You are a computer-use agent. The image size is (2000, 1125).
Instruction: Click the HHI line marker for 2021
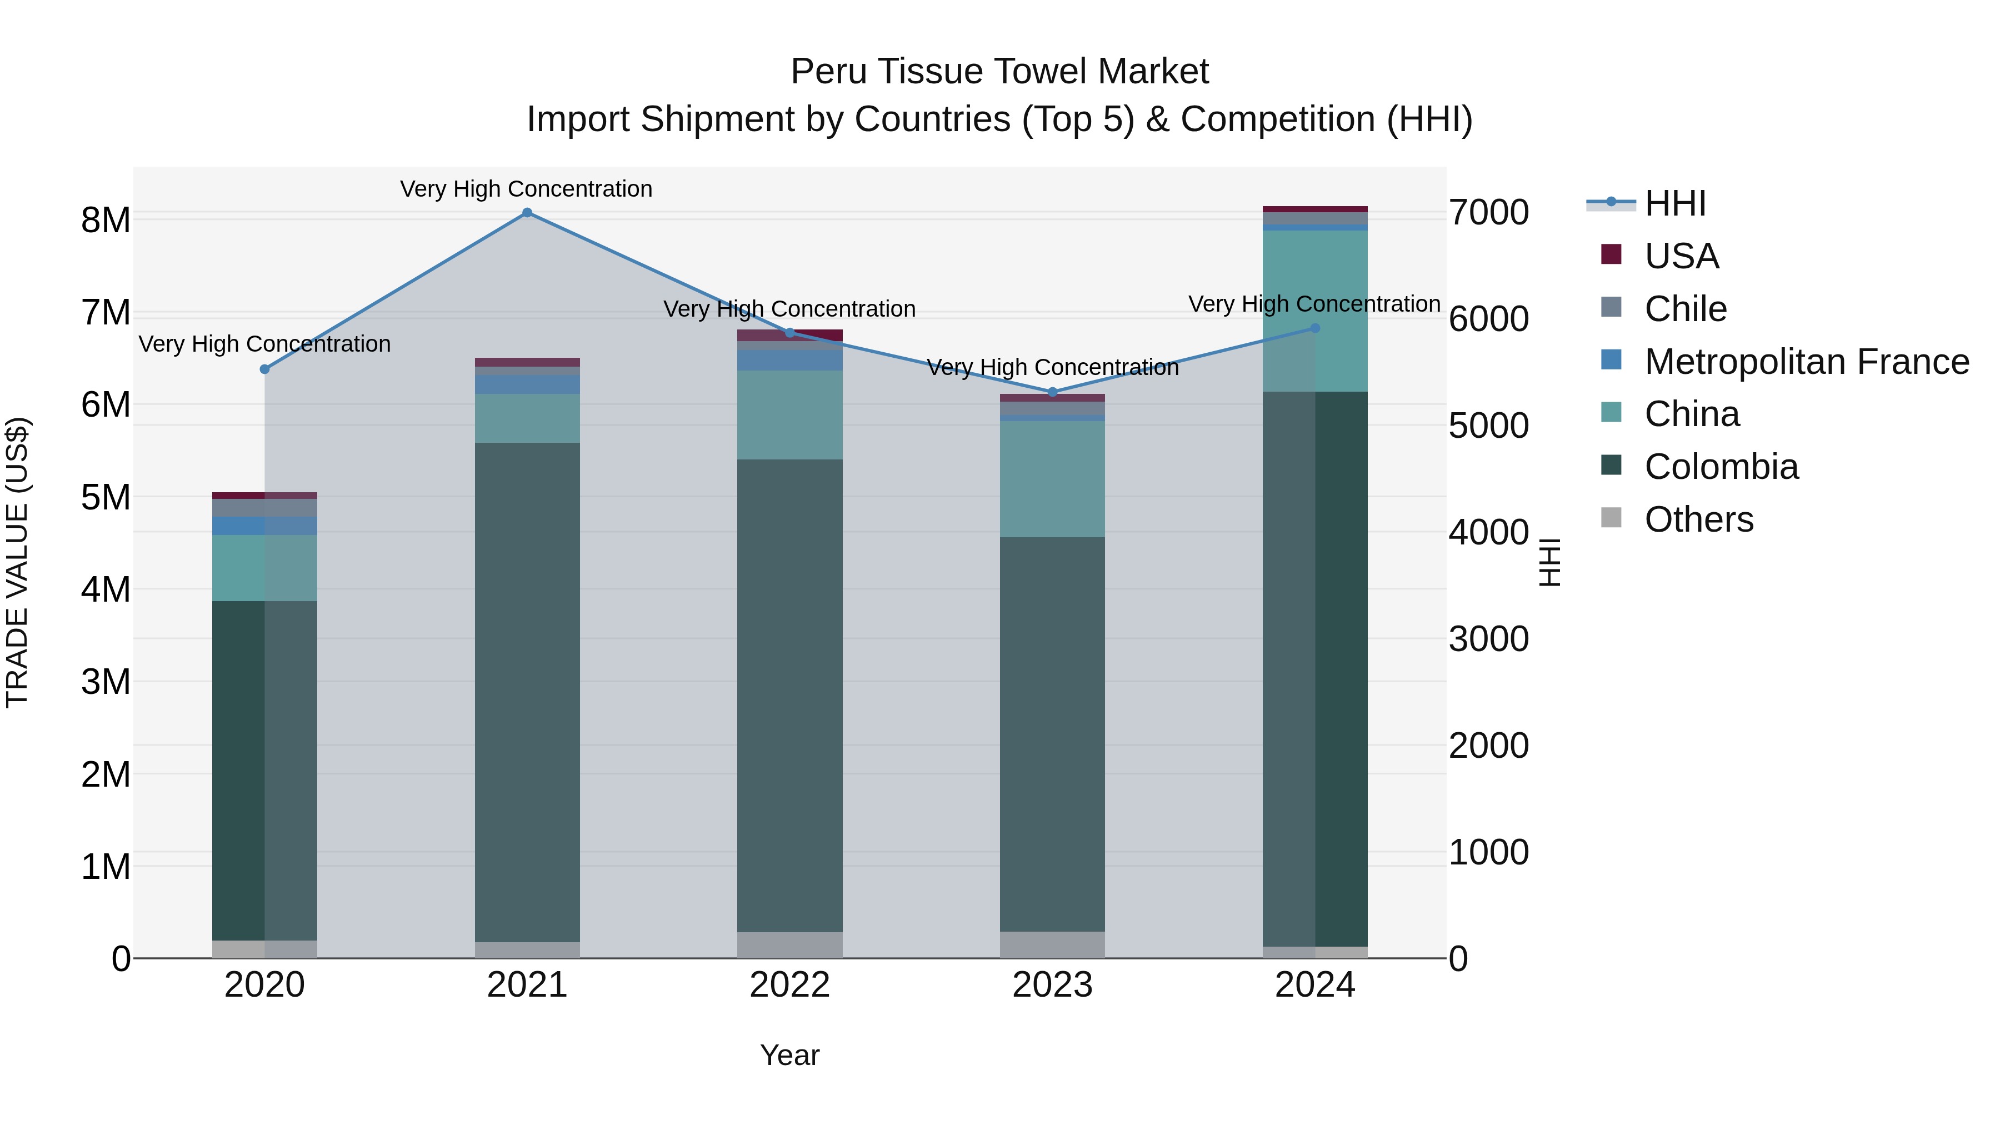pyautogui.click(x=527, y=213)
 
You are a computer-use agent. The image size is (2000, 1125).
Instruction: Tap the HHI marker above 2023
pyautogui.click(x=1053, y=392)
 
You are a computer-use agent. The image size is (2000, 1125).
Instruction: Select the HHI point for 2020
pyautogui.click(x=265, y=369)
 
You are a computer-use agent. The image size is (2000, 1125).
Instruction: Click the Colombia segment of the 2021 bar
pyautogui.click(x=527, y=691)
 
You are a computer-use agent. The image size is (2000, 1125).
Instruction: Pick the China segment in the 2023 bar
pyautogui.click(x=1053, y=478)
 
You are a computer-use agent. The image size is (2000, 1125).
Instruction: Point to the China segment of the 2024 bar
pyautogui.click(x=1315, y=311)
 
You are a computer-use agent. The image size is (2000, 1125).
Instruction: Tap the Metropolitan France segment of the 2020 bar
pyautogui.click(x=265, y=526)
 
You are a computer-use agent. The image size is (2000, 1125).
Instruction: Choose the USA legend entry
pyautogui.click(x=1682, y=256)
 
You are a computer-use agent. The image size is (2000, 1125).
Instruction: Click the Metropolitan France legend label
pyautogui.click(x=1807, y=362)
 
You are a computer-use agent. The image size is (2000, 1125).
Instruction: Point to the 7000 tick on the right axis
pyautogui.click(x=1488, y=213)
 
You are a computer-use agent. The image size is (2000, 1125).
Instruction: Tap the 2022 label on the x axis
pyautogui.click(x=789, y=985)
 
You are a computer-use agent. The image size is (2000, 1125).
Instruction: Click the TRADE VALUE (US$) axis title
pyautogui.click(x=17, y=562)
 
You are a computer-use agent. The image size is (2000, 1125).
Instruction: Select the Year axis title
pyautogui.click(x=789, y=1055)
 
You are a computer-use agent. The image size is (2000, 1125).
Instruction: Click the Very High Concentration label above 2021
pyautogui.click(x=527, y=189)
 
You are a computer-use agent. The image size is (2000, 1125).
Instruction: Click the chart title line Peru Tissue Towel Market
pyautogui.click(x=999, y=72)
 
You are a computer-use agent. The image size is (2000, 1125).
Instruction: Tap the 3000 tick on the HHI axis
pyautogui.click(x=1488, y=639)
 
